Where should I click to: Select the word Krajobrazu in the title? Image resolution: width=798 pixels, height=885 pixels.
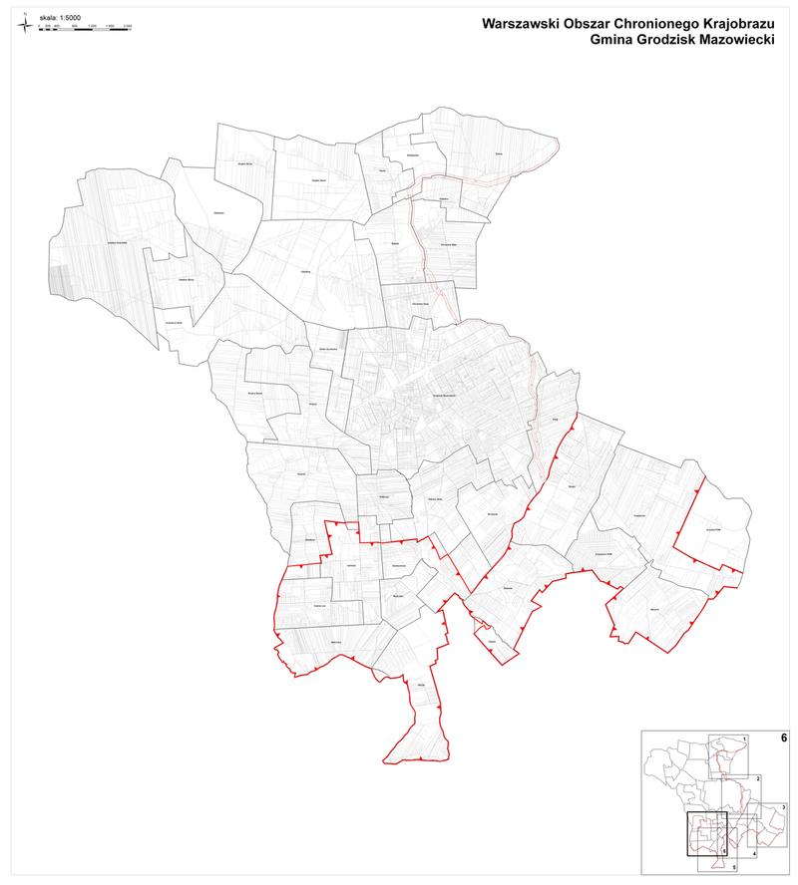pos(738,21)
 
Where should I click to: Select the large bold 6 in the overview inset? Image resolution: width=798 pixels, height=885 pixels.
pos(784,738)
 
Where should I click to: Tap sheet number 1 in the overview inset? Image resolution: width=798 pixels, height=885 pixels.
pos(744,738)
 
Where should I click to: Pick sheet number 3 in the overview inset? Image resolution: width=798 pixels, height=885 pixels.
pos(783,806)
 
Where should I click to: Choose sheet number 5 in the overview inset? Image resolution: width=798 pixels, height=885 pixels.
pos(733,868)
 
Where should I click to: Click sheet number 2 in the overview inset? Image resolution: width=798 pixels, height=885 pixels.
pos(758,777)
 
